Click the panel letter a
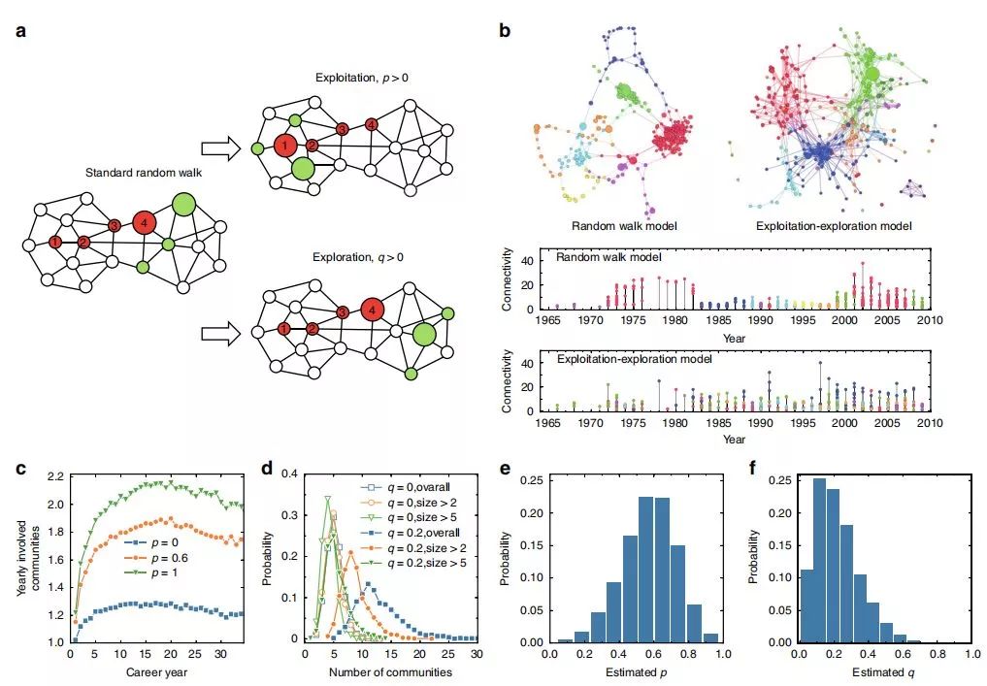[x=20, y=30]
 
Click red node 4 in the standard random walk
[x=144, y=225]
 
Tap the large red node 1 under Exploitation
[x=284, y=147]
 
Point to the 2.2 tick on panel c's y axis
[x=53, y=476]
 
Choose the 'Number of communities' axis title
[x=392, y=672]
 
